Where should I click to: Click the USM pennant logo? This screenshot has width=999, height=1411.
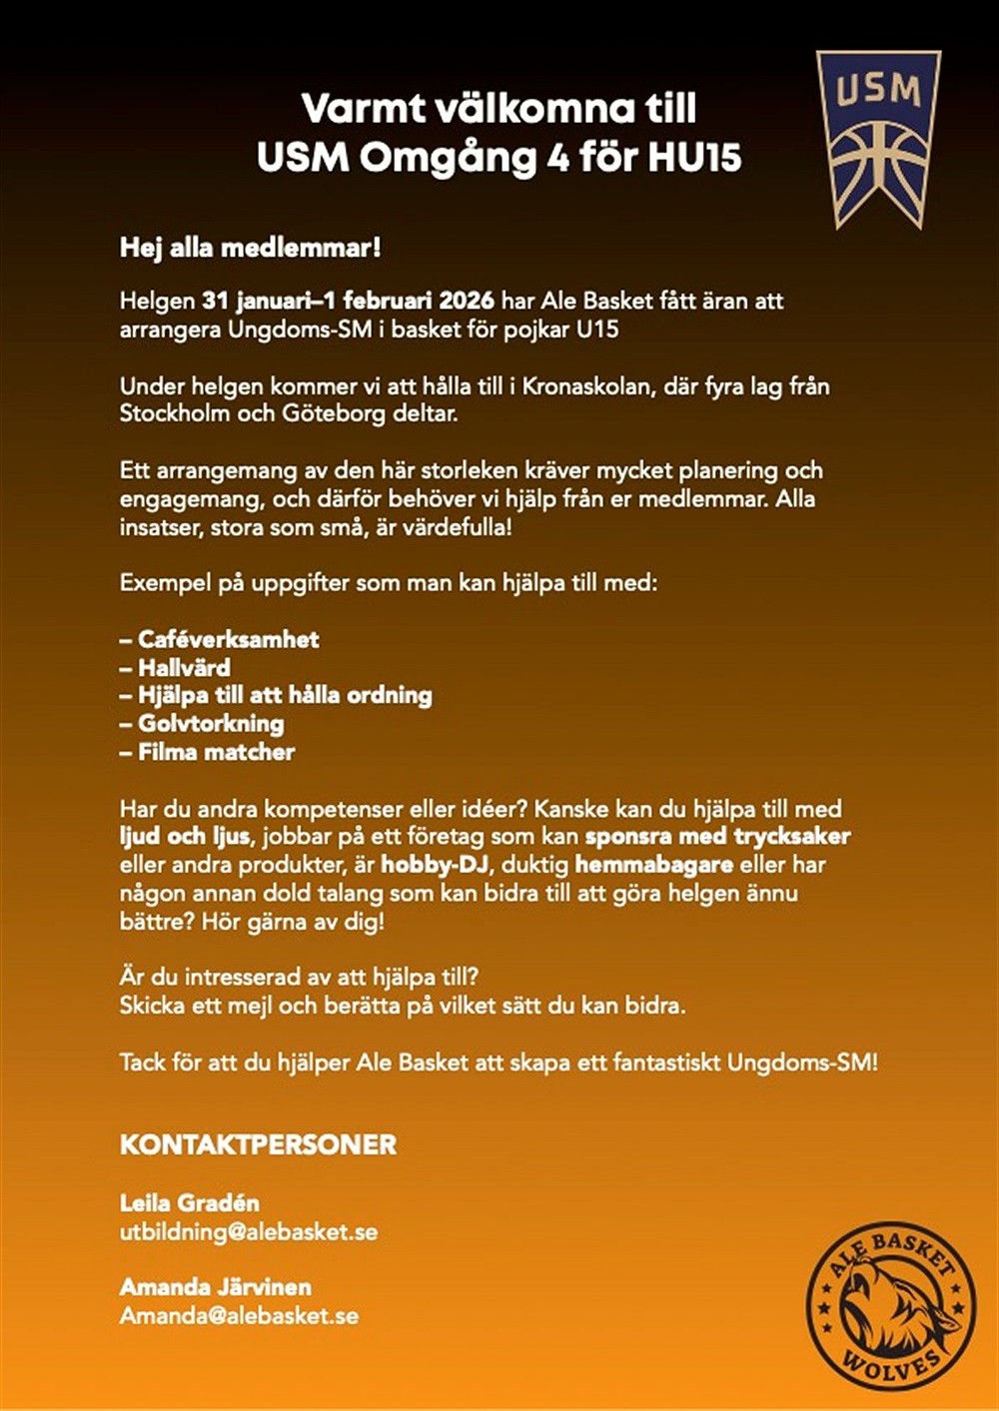(x=878, y=135)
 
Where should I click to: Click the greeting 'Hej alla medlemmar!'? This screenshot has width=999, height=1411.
(x=250, y=248)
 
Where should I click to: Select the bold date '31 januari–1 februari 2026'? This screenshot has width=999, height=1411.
(x=348, y=301)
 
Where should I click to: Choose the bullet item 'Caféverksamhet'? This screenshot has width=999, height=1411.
(x=228, y=640)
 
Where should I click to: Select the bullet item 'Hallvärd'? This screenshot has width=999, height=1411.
(x=184, y=668)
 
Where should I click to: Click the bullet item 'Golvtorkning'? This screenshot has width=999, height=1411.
(x=211, y=724)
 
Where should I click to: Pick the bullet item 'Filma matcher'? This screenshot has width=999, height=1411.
(x=216, y=752)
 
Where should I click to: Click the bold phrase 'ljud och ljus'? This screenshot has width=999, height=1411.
(x=185, y=837)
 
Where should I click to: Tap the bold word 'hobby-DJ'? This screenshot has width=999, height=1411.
(x=435, y=865)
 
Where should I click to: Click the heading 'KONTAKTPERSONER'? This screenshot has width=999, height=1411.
(x=258, y=1144)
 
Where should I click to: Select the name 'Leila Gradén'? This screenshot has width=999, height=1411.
(x=189, y=1203)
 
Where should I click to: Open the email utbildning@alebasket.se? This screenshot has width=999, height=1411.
(x=249, y=1232)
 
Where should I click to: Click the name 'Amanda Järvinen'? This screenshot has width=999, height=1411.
(x=215, y=1287)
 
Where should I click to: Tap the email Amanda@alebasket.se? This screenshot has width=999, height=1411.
(x=239, y=1316)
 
